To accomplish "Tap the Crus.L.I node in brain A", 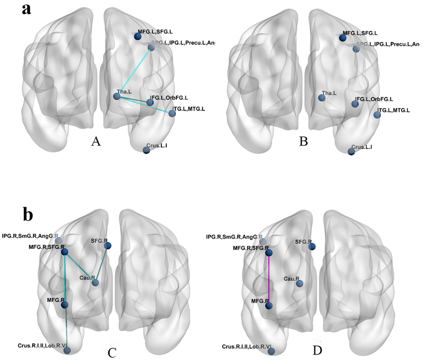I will (146, 150).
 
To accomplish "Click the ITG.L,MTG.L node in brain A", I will (172, 113).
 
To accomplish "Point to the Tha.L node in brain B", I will (322, 97).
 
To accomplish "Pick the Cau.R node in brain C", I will (95, 283).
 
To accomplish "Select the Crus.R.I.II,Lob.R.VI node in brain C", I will (67, 351).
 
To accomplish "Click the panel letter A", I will (96, 142).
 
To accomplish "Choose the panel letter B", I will (303, 142).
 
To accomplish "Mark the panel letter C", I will (112, 352).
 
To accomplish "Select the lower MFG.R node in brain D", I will (269, 305).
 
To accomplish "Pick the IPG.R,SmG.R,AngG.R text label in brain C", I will (30, 235).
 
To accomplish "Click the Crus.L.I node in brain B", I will (351, 152).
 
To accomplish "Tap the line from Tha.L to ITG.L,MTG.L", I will (146, 105).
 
